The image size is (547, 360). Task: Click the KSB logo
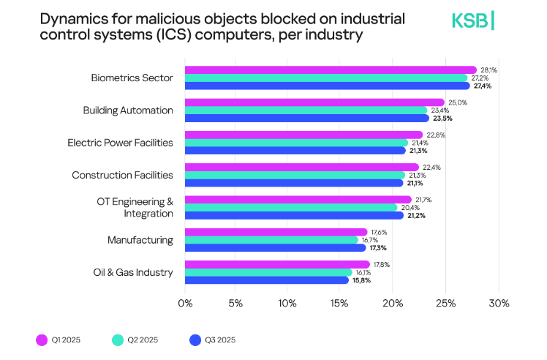472,21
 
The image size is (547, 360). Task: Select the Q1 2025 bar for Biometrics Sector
329,70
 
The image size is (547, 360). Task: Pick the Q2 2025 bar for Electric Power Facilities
295,143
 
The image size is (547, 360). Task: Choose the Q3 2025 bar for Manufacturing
274,247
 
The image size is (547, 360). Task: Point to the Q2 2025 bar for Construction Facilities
294,175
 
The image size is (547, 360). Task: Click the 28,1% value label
488,70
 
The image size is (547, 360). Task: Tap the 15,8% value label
363,280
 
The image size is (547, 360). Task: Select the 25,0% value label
456,102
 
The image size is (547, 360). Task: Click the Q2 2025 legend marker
117,340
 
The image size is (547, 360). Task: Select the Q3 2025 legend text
220,340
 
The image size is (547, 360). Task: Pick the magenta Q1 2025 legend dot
42,340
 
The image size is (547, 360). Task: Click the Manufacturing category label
140,240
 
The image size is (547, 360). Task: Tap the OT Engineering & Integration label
135,207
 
